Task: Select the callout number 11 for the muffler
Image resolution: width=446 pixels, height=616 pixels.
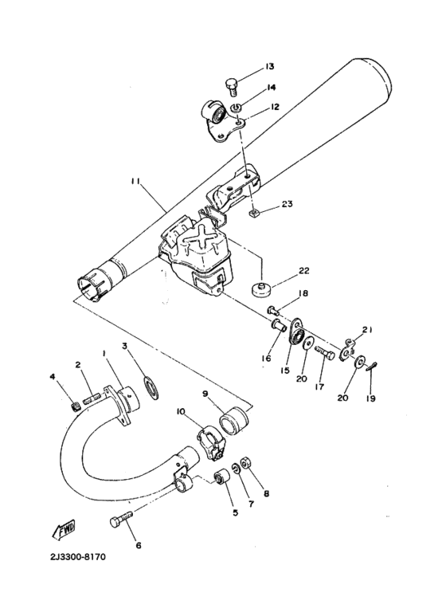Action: pos(136,182)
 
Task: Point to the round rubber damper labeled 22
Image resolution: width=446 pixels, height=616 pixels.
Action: pos(261,288)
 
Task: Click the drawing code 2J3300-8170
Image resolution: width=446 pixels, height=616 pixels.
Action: pos(65,556)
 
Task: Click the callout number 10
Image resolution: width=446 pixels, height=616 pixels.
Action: pos(181,411)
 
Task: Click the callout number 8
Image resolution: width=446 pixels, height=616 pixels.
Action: pos(266,493)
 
